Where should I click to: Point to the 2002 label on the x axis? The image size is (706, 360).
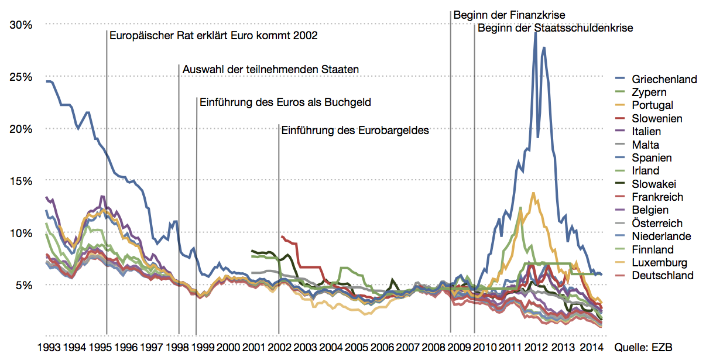pos(279,347)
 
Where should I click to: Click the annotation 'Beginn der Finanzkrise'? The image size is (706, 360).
pos(509,15)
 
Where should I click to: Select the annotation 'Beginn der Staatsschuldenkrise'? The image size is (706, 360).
pos(555,28)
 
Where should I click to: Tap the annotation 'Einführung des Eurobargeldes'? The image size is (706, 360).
pos(355,131)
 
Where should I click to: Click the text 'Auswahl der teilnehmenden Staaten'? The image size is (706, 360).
pos(270,70)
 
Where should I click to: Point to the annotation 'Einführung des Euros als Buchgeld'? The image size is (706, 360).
pos(286,102)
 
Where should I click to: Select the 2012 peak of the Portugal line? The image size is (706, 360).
pos(533,193)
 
